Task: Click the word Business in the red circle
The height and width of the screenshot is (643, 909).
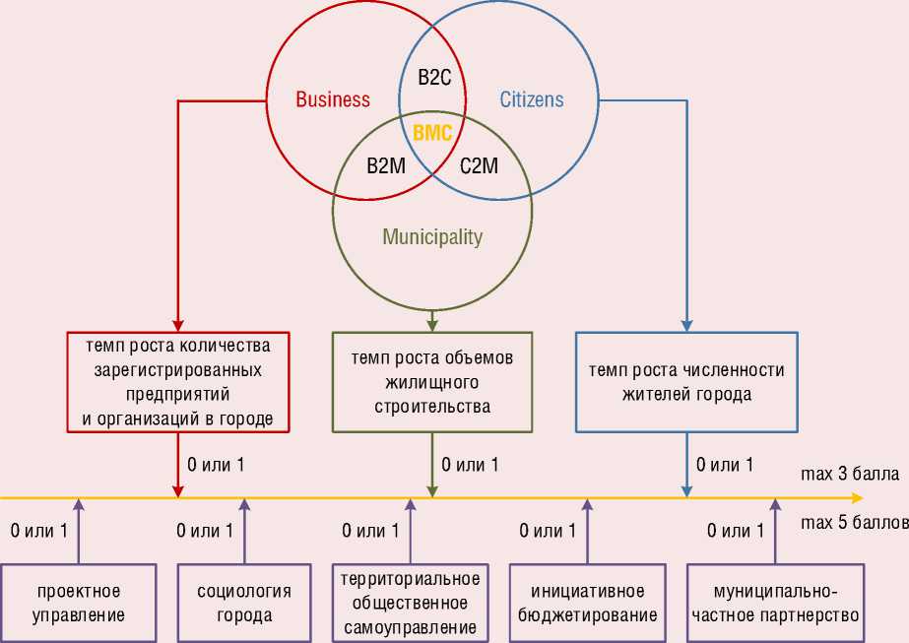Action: click(333, 99)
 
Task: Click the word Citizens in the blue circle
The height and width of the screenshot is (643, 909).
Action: click(532, 99)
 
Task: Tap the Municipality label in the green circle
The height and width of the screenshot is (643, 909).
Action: click(432, 236)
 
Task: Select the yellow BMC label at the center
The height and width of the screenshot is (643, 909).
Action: click(432, 132)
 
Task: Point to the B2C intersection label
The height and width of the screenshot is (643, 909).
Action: click(434, 78)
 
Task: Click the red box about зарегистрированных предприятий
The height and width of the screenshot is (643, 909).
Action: click(177, 382)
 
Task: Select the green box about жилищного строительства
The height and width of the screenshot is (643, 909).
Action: click(432, 382)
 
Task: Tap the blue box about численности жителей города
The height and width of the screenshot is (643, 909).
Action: click(685, 382)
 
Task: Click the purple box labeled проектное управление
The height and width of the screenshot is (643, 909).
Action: click(79, 603)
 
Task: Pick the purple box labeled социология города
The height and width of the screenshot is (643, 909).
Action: click(244, 603)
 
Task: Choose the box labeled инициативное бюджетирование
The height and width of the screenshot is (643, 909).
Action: click(587, 603)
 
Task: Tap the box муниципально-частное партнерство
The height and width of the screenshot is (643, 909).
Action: click(775, 603)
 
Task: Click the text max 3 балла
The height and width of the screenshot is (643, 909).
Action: click(849, 475)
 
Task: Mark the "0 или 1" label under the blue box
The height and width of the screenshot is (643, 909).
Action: click(725, 465)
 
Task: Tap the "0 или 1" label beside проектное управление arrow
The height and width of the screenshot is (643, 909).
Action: click(38, 531)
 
